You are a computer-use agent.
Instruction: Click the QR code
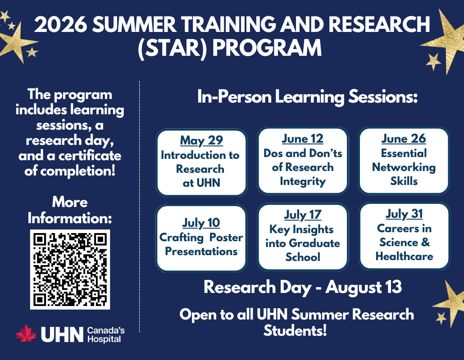pyautogui.click(x=70, y=270)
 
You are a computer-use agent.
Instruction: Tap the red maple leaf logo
pyautogui.click(x=26, y=334)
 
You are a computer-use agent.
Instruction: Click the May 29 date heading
pyautogui.click(x=201, y=140)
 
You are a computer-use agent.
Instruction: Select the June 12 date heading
pyautogui.click(x=302, y=139)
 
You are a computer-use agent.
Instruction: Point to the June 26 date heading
pyautogui.click(x=404, y=139)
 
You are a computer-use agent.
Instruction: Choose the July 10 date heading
pyautogui.click(x=201, y=223)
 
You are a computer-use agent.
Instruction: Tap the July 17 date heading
pyautogui.click(x=303, y=215)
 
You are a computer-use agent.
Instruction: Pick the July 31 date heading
pyautogui.click(x=404, y=214)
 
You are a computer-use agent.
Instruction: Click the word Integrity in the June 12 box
pyautogui.click(x=303, y=181)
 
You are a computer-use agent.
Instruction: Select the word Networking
pyautogui.click(x=404, y=167)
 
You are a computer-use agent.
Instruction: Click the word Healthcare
pyautogui.click(x=404, y=256)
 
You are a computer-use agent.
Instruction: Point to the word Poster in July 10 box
pyautogui.click(x=226, y=237)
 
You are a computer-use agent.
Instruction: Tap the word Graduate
pyautogui.click(x=314, y=243)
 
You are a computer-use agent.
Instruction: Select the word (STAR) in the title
pyautogui.click(x=173, y=48)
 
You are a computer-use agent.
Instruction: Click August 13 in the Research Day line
pyautogui.click(x=364, y=287)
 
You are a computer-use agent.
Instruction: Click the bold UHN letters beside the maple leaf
pyautogui.click(x=62, y=335)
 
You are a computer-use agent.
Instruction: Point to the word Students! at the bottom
pyautogui.click(x=295, y=330)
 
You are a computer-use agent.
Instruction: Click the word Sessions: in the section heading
pyautogui.click(x=383, y=97)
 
